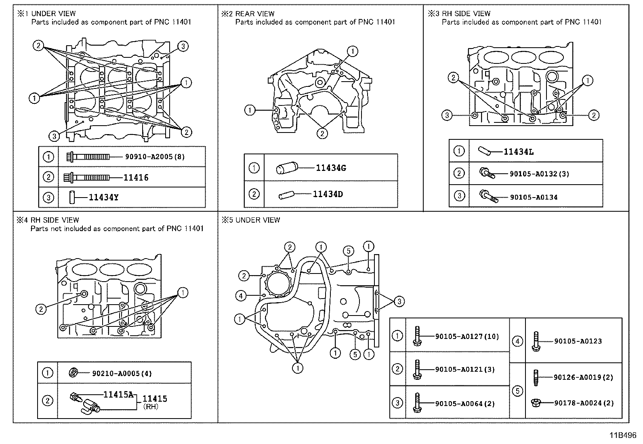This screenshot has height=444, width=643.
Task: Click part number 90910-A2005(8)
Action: pyautogui.click(x=155, y=157)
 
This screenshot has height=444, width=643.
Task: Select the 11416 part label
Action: pyautogui.click(x=136, y=177)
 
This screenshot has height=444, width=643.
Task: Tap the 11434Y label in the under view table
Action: pyautogui.click(x=103, y=197)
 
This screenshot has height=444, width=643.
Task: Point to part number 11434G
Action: pyautogui.click(x=331, y=168)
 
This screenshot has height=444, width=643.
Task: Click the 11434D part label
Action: pyautogui.click(x=328, y=194)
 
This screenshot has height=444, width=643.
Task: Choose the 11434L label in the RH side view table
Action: pyautogui.click(x=518, y=152)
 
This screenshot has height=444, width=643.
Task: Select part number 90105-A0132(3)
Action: pyautogui.click(x=539, y=174)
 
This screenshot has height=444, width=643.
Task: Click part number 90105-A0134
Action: pyautogui.click(x=534, y=197)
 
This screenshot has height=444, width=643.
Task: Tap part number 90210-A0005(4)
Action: pyautogui.click(x=122, y=374)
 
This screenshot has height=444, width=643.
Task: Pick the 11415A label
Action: pyautogui.click(x=118, y=394)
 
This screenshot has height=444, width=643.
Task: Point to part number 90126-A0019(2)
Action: pyautogui.click(x=583, y=377)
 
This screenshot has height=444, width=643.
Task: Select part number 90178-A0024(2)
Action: pyautogui.click(x=583, y=403)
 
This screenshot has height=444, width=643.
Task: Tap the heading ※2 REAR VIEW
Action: pyautogui.click(x=248, y=14)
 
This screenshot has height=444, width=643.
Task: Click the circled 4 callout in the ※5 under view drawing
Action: pyautogui.click(x=241, y=296)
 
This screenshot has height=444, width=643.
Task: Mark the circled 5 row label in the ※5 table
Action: pyautogui.click(x=517, y=391)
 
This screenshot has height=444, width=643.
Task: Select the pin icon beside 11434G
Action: pyautogui.click(x=287, y=168)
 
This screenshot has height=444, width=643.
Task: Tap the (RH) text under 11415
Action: pyautogui.click(x=151, y=407)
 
